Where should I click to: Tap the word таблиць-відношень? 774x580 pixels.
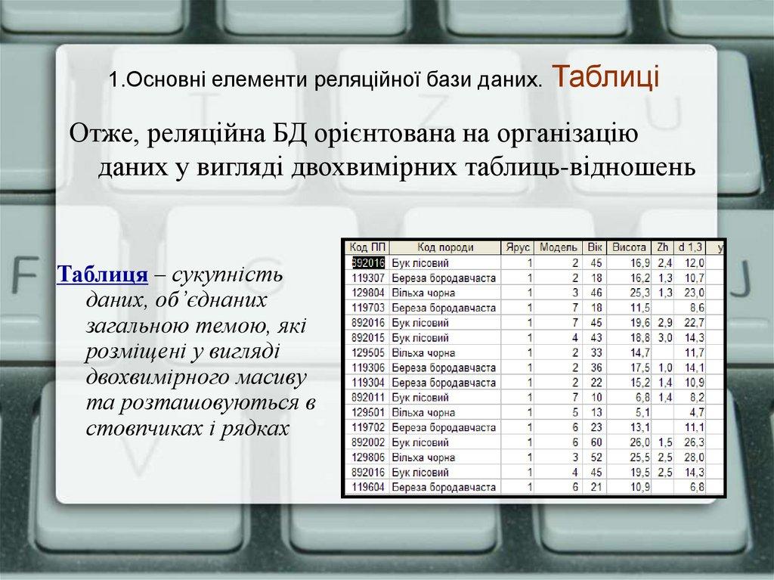pos(572,166)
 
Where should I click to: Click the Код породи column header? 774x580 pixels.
pos(445,247)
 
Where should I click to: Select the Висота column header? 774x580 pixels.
pos(628,247)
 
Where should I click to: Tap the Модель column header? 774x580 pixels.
pos(559,247)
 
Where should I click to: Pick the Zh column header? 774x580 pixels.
pos(663,247)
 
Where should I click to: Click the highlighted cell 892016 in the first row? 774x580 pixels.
pos(368,262)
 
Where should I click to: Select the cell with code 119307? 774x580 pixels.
pos(368,278)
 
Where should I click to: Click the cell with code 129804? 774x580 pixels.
pos(368,292)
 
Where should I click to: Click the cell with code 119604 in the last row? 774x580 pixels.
pos(368,487)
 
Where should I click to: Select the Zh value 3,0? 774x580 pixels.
pos(664,337)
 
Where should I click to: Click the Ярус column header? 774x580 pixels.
pos(519,247)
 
